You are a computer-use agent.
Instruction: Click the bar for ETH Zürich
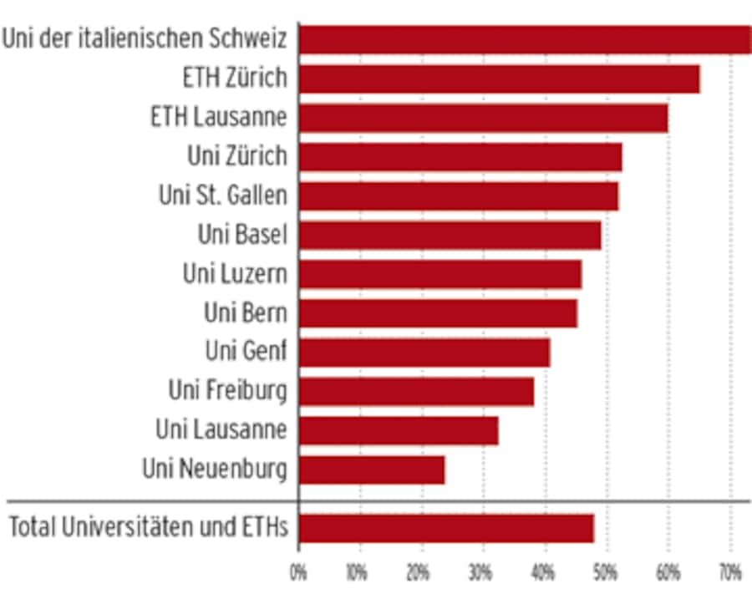499,79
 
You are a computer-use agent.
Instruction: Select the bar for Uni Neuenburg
372,469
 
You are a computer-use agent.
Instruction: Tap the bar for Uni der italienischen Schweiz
525,39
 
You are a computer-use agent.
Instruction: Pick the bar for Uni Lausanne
399,430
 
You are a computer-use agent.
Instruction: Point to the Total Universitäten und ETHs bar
446,528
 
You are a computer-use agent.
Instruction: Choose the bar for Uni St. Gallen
459,195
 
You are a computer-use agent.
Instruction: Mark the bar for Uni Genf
424,352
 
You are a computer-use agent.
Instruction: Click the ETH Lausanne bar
483,118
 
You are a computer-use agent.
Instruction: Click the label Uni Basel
242,235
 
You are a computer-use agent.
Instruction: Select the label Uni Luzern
235,273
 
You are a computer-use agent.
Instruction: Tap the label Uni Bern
246,312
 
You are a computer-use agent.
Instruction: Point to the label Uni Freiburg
227,390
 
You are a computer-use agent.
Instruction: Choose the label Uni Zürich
237,156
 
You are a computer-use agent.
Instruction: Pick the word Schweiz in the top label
252,38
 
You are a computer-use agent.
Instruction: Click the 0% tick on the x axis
298,574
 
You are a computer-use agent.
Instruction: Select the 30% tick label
483,574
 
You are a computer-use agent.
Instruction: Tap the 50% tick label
607,574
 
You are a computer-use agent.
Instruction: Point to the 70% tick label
729,574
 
